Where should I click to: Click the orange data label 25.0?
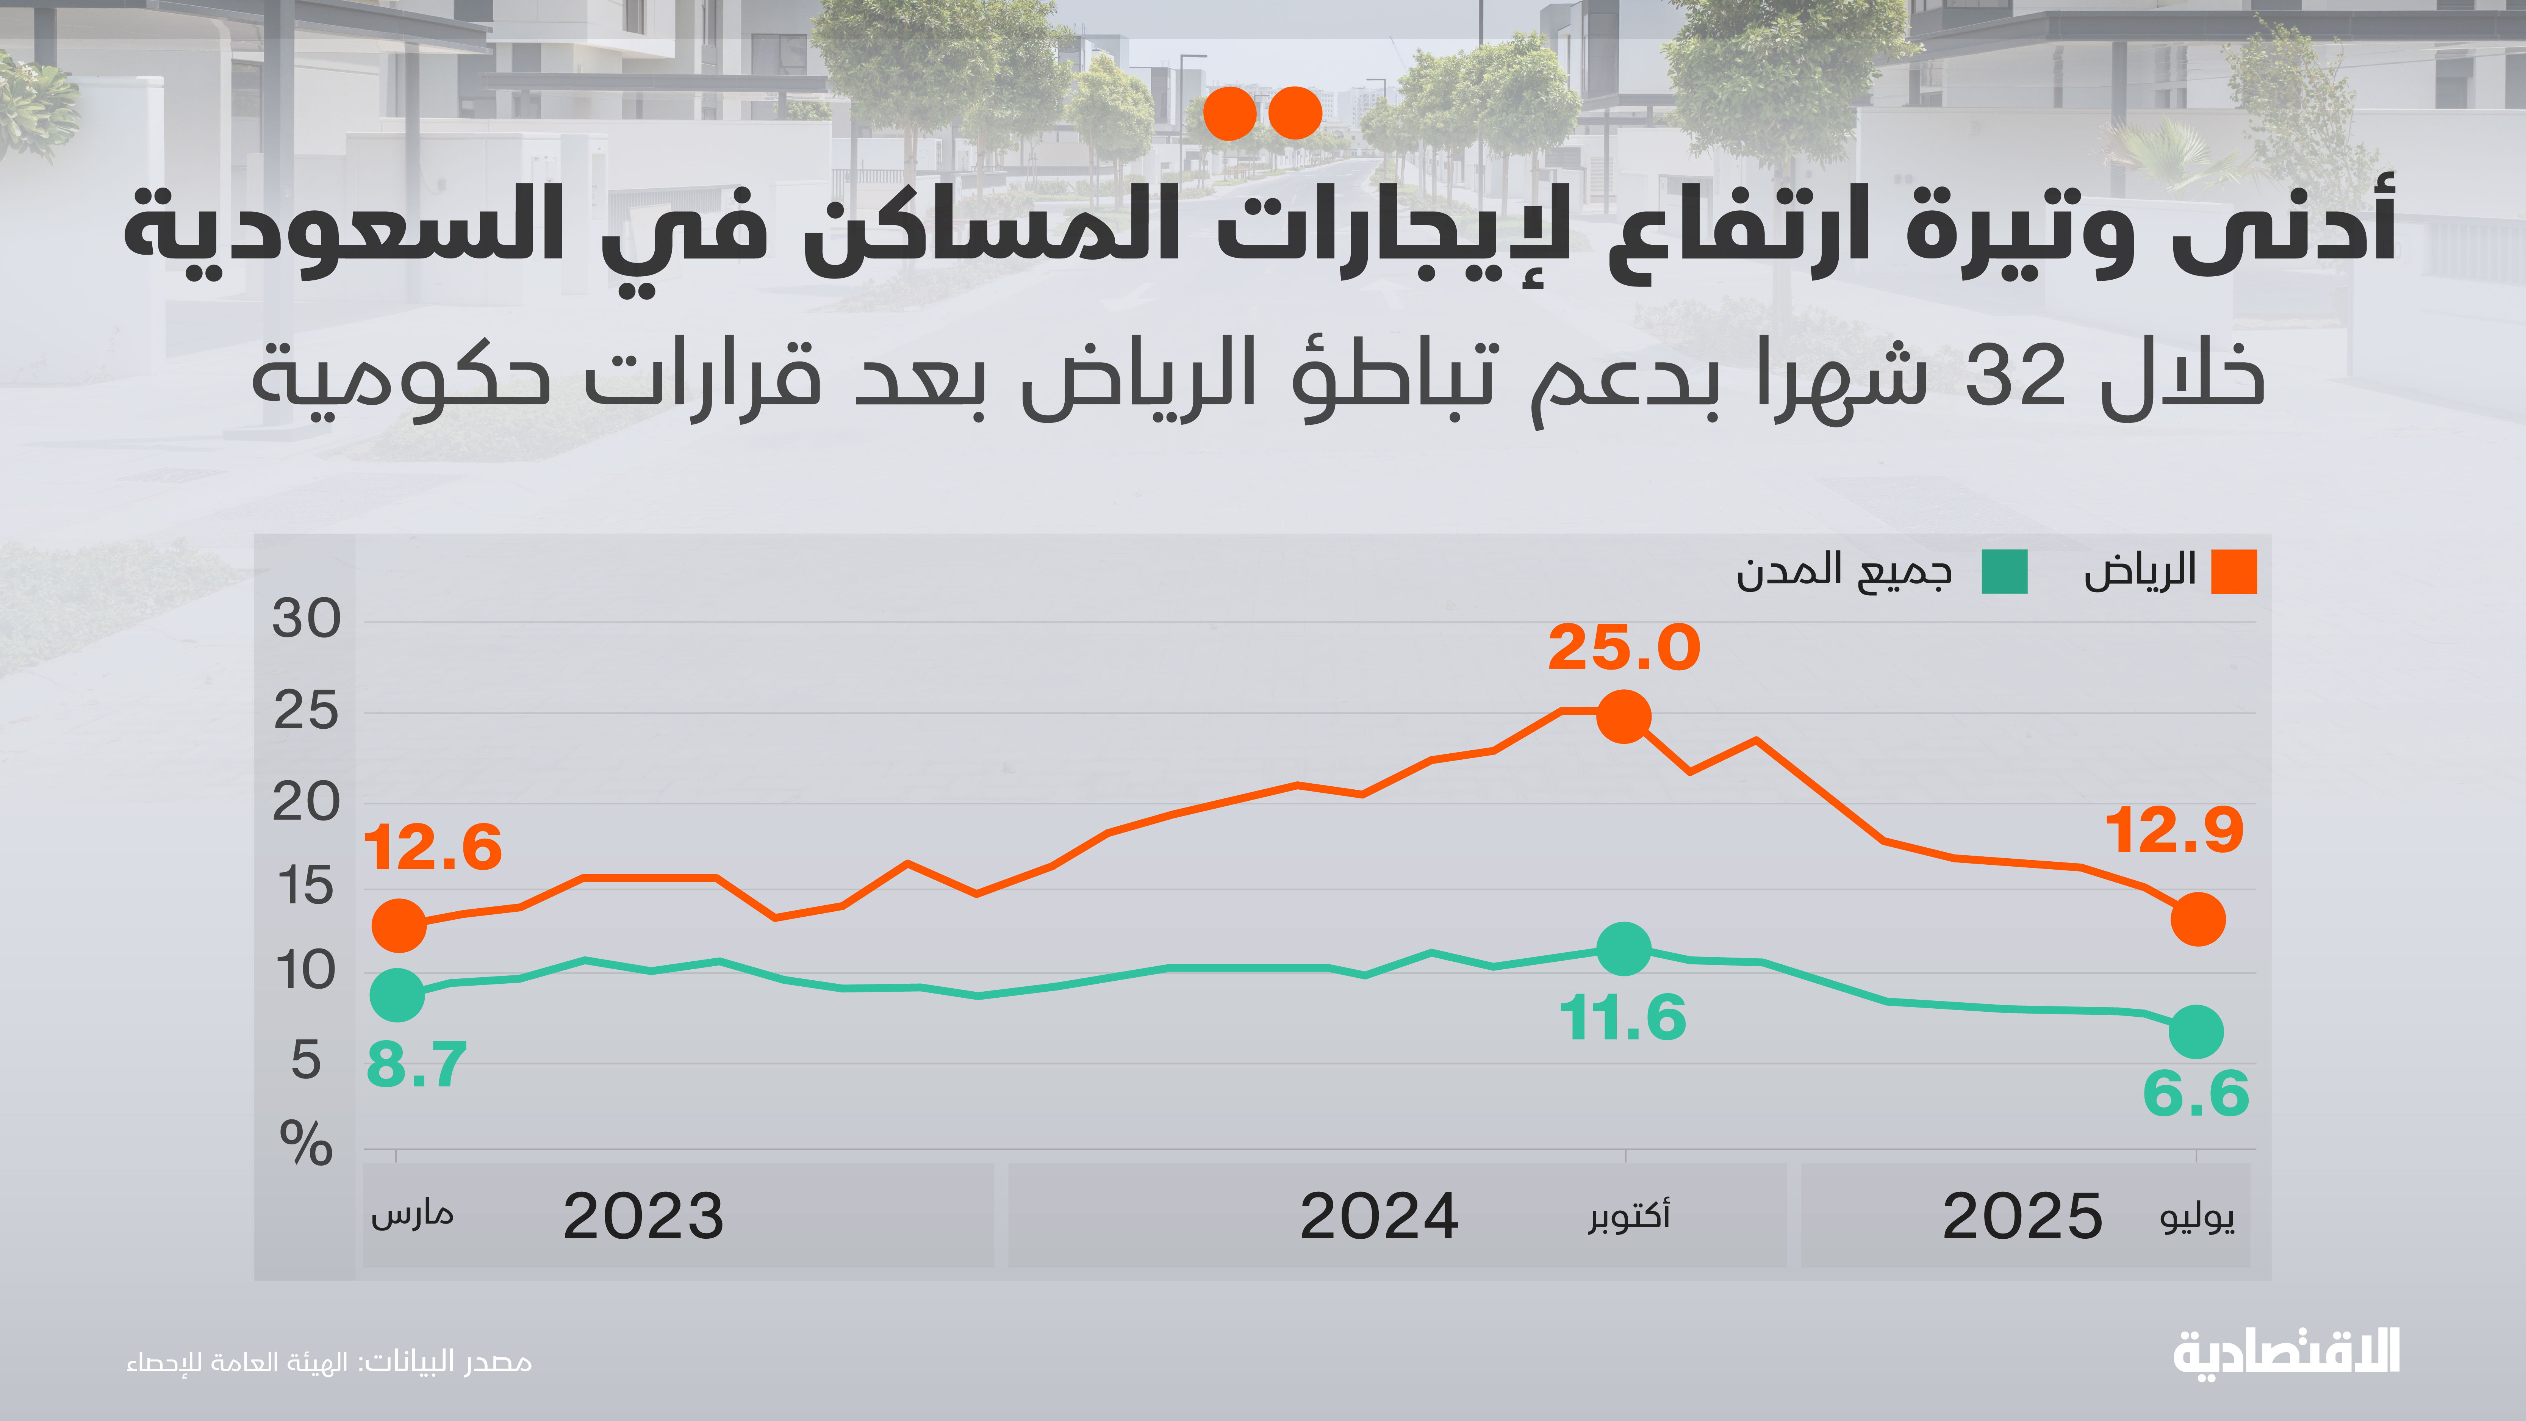pos(1624,648)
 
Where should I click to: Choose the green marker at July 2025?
pos(2196,1032)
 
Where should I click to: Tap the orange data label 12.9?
pos(2174,832)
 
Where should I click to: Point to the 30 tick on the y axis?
pos(306,620)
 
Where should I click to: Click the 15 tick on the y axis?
pos(306,887)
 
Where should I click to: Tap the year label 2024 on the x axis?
pos(1379,1217)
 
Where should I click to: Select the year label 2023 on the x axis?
pos(643,1217)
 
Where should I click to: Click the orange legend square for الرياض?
pos(2234,572)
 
